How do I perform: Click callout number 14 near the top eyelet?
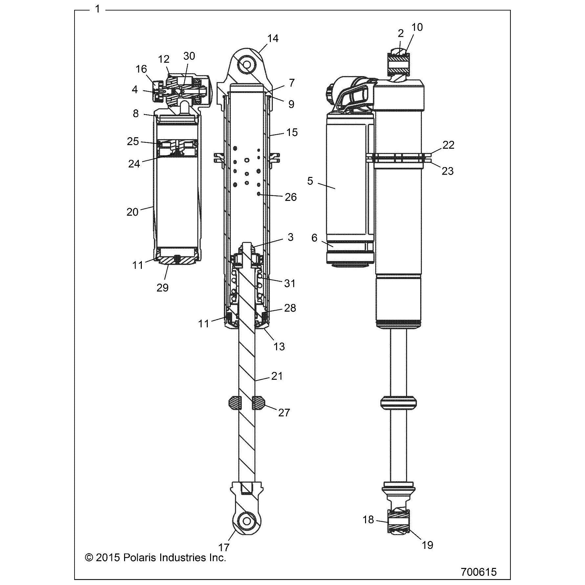[273, 38]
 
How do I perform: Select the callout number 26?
[291, 197]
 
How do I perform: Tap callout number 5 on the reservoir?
[310, 181]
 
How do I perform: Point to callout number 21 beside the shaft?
[277, 376]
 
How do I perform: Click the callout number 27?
[284, 412]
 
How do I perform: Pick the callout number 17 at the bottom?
[224, 547]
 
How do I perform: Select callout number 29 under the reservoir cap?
[162, 288]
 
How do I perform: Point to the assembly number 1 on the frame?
[97, 9]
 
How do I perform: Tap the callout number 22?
[448, 145]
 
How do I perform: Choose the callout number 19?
[427, 545]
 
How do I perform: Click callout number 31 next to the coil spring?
[290, 283]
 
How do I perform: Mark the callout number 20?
[132, 212]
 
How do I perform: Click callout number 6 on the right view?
[314, 238]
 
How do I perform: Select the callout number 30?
[189, 56]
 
